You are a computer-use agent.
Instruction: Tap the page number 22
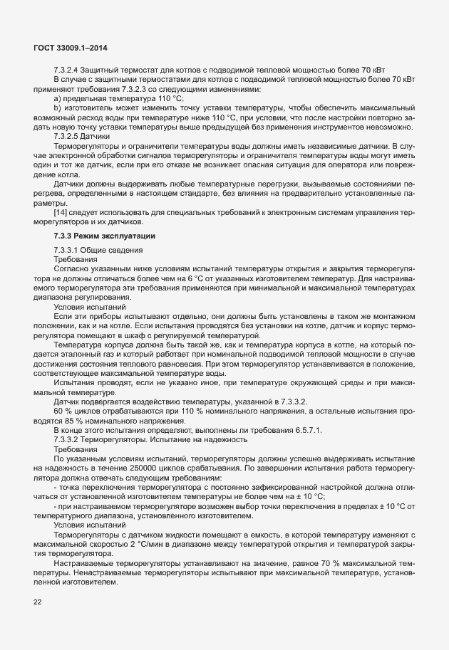(x=37, y=603)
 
